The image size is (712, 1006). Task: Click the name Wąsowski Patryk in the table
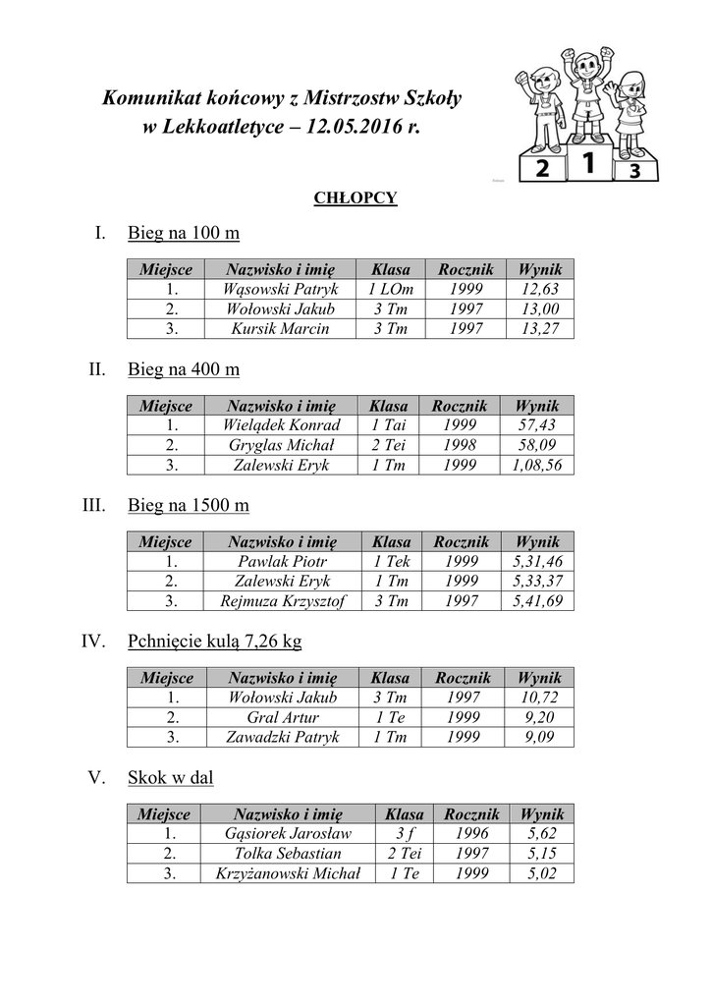click(x=280, y=290)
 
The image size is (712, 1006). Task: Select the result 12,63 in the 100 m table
click(x=539, y=290)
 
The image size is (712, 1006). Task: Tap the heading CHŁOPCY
click(x=356, y=198)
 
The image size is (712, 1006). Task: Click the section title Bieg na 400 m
click(x=184, y=369)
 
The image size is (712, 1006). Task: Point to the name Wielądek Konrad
click(x=281, y=425)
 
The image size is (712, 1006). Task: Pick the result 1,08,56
click(x=537, y=465)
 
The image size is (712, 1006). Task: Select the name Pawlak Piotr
click(x=280, y=562)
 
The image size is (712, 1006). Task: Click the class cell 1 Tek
click(x=391, y=562)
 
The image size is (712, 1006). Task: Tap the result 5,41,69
click(x=537, y=601)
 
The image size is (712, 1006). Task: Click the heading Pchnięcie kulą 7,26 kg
click(x=214, y=642)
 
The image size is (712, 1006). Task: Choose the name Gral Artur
click(x=282, y=717)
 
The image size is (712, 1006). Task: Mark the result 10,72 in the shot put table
click(x=539, y=698)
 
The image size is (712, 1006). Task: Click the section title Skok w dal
click(x=171, y=778)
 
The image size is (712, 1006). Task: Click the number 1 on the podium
click(x=587, y=163)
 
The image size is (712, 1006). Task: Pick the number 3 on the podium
click(x=635, y=172)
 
